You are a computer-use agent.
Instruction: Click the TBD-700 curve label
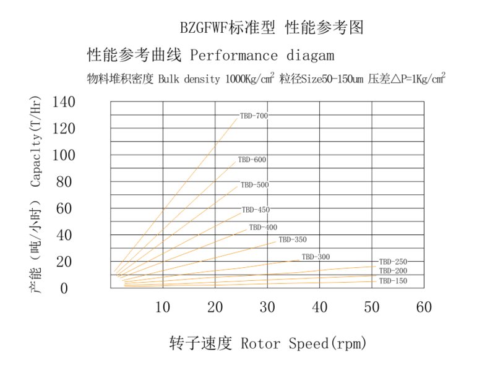[x=254, y=116]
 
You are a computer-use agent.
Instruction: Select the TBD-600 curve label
[x=252, y=160]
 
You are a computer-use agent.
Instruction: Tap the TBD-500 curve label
[x=254, y=185]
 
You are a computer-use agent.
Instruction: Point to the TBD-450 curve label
[x=256, y=210]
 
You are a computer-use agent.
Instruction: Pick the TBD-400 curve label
[x=263, y=228]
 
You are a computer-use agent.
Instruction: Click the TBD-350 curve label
[x=293, y=240]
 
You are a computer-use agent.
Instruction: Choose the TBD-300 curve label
[x=316, y=257]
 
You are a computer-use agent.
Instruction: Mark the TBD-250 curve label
[x=393, y=262]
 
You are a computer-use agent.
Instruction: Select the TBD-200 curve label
[x=393, y=271]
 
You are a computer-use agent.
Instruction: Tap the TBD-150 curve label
[x=393, y=281]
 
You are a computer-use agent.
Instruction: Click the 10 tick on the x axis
[x=162, y=306]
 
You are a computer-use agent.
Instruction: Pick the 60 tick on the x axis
[x=424, y=306]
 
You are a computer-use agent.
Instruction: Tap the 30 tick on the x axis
[x=267, y=306]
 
